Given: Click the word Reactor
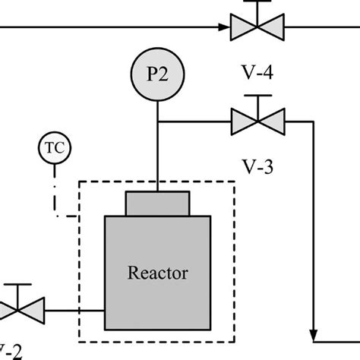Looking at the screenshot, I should pyautogui.click(x=158, y=270).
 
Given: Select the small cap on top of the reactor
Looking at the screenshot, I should pyautogui.click(x=157, y=204).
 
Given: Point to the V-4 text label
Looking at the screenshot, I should pyautogui.click(x=257, y=75).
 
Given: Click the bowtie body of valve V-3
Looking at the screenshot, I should pyautogui.click(x=257, y=120).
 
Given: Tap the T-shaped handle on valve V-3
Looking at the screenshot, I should pyautogui.click(x=257, y=98).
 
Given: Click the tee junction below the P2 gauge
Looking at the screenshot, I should pyautogui.click(x=157, y=120).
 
